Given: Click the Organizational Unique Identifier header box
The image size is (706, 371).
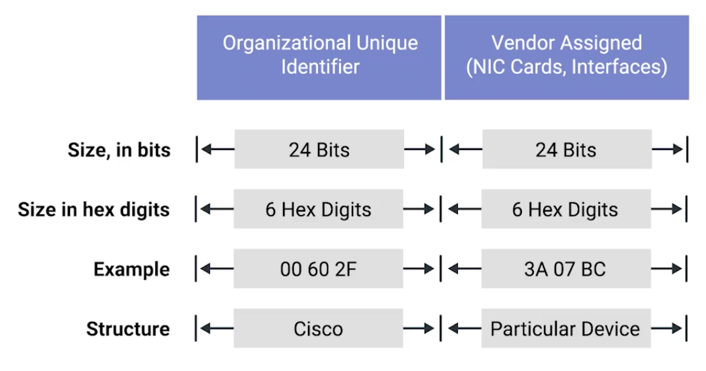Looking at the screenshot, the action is click(319, 58).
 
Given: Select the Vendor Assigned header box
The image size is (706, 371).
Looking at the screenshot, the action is click(567, 58).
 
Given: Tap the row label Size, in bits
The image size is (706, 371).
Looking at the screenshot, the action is click(119, 151).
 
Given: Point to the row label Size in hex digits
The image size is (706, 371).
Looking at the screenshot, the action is click(93, 210).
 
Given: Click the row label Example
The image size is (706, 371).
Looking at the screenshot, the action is click(132, 270).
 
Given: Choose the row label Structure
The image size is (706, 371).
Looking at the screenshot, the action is click(128, 329).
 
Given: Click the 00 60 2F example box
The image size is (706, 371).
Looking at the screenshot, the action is click(318, 269).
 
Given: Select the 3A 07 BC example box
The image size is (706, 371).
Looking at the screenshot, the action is click(566, 269).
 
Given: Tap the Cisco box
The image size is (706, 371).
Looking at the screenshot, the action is click(318, 328).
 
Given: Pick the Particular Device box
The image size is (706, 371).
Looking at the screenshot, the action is click(566, 328).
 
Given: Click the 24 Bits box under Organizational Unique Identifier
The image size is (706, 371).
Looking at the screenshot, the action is click(319, 149).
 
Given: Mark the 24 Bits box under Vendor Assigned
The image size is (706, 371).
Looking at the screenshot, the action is click(567, 149).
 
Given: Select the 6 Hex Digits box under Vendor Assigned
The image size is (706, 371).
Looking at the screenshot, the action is click(566, 209).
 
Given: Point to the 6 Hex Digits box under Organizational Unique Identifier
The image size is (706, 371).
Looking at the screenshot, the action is click(318, 209).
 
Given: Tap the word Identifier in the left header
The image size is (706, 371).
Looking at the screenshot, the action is click(320, 67).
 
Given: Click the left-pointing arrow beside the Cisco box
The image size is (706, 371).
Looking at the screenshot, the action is click(217, 328).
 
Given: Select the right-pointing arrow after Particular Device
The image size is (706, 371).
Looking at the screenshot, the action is click(667, 328).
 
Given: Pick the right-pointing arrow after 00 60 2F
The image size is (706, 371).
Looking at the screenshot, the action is click(419, 269).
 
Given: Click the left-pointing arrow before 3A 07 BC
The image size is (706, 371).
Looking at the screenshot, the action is click(465, 269).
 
